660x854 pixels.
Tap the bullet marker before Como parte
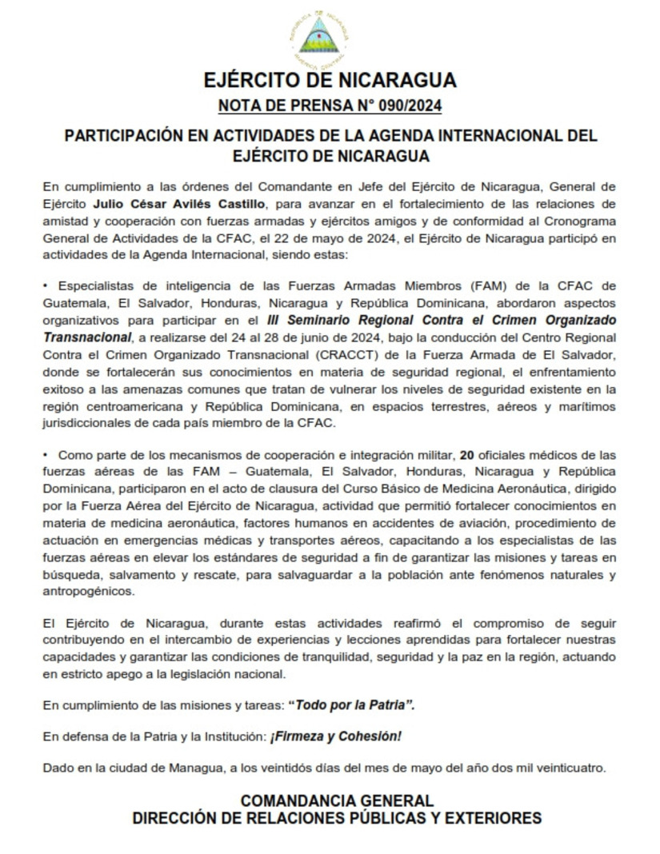(46, 455)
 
